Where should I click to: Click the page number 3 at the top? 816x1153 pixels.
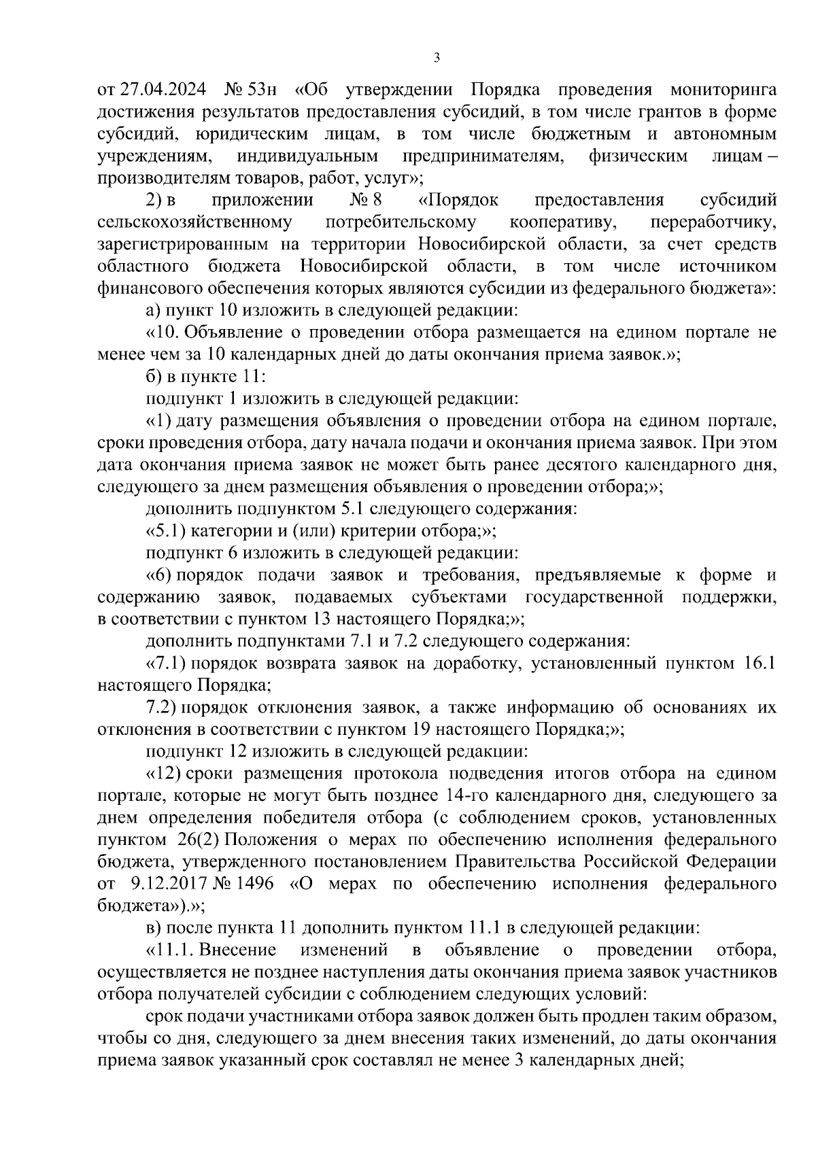pos(437,58)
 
